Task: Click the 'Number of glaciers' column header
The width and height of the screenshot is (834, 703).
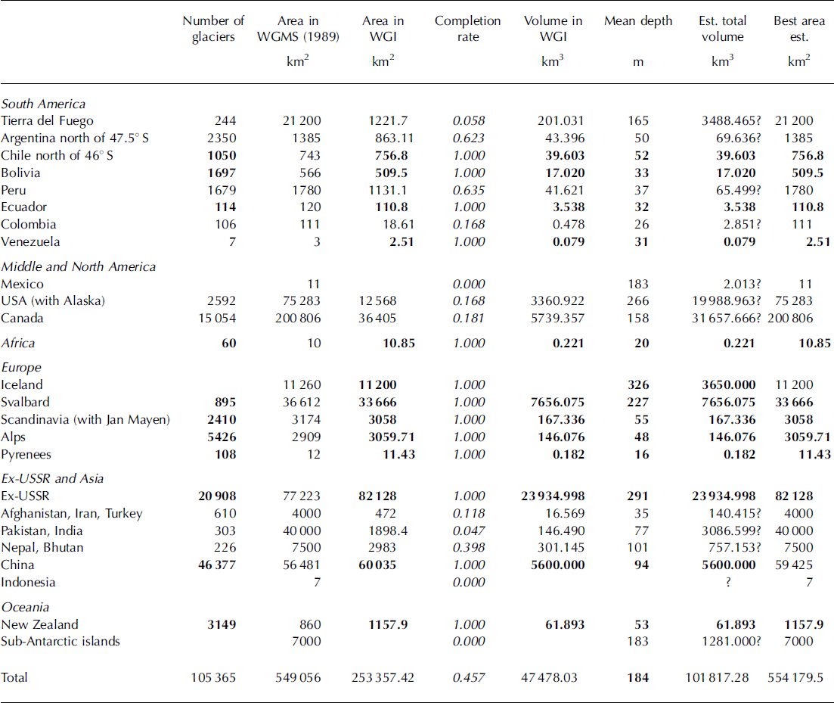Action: tap(213, 28)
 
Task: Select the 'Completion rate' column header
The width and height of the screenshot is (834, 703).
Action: tap(467, 28)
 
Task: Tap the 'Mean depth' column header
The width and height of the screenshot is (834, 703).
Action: tap(637, 21)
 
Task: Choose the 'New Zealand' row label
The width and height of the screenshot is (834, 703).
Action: tap(39, 624)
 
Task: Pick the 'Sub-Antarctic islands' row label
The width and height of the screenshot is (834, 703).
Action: tap(60, 642)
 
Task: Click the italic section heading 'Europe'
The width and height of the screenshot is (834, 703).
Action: tap(21, 367)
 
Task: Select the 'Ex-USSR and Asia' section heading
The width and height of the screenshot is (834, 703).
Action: tap(52, 478)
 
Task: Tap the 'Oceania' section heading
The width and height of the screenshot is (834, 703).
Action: tap(25, 607)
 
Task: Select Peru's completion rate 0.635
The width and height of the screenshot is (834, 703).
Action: tap(468, 190)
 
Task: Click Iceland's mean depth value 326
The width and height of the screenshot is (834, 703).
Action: tap(638, 384)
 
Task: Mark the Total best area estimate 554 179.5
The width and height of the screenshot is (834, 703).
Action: tap(798, 677)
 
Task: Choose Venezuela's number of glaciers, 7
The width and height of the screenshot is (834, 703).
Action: tap(232, 242)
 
